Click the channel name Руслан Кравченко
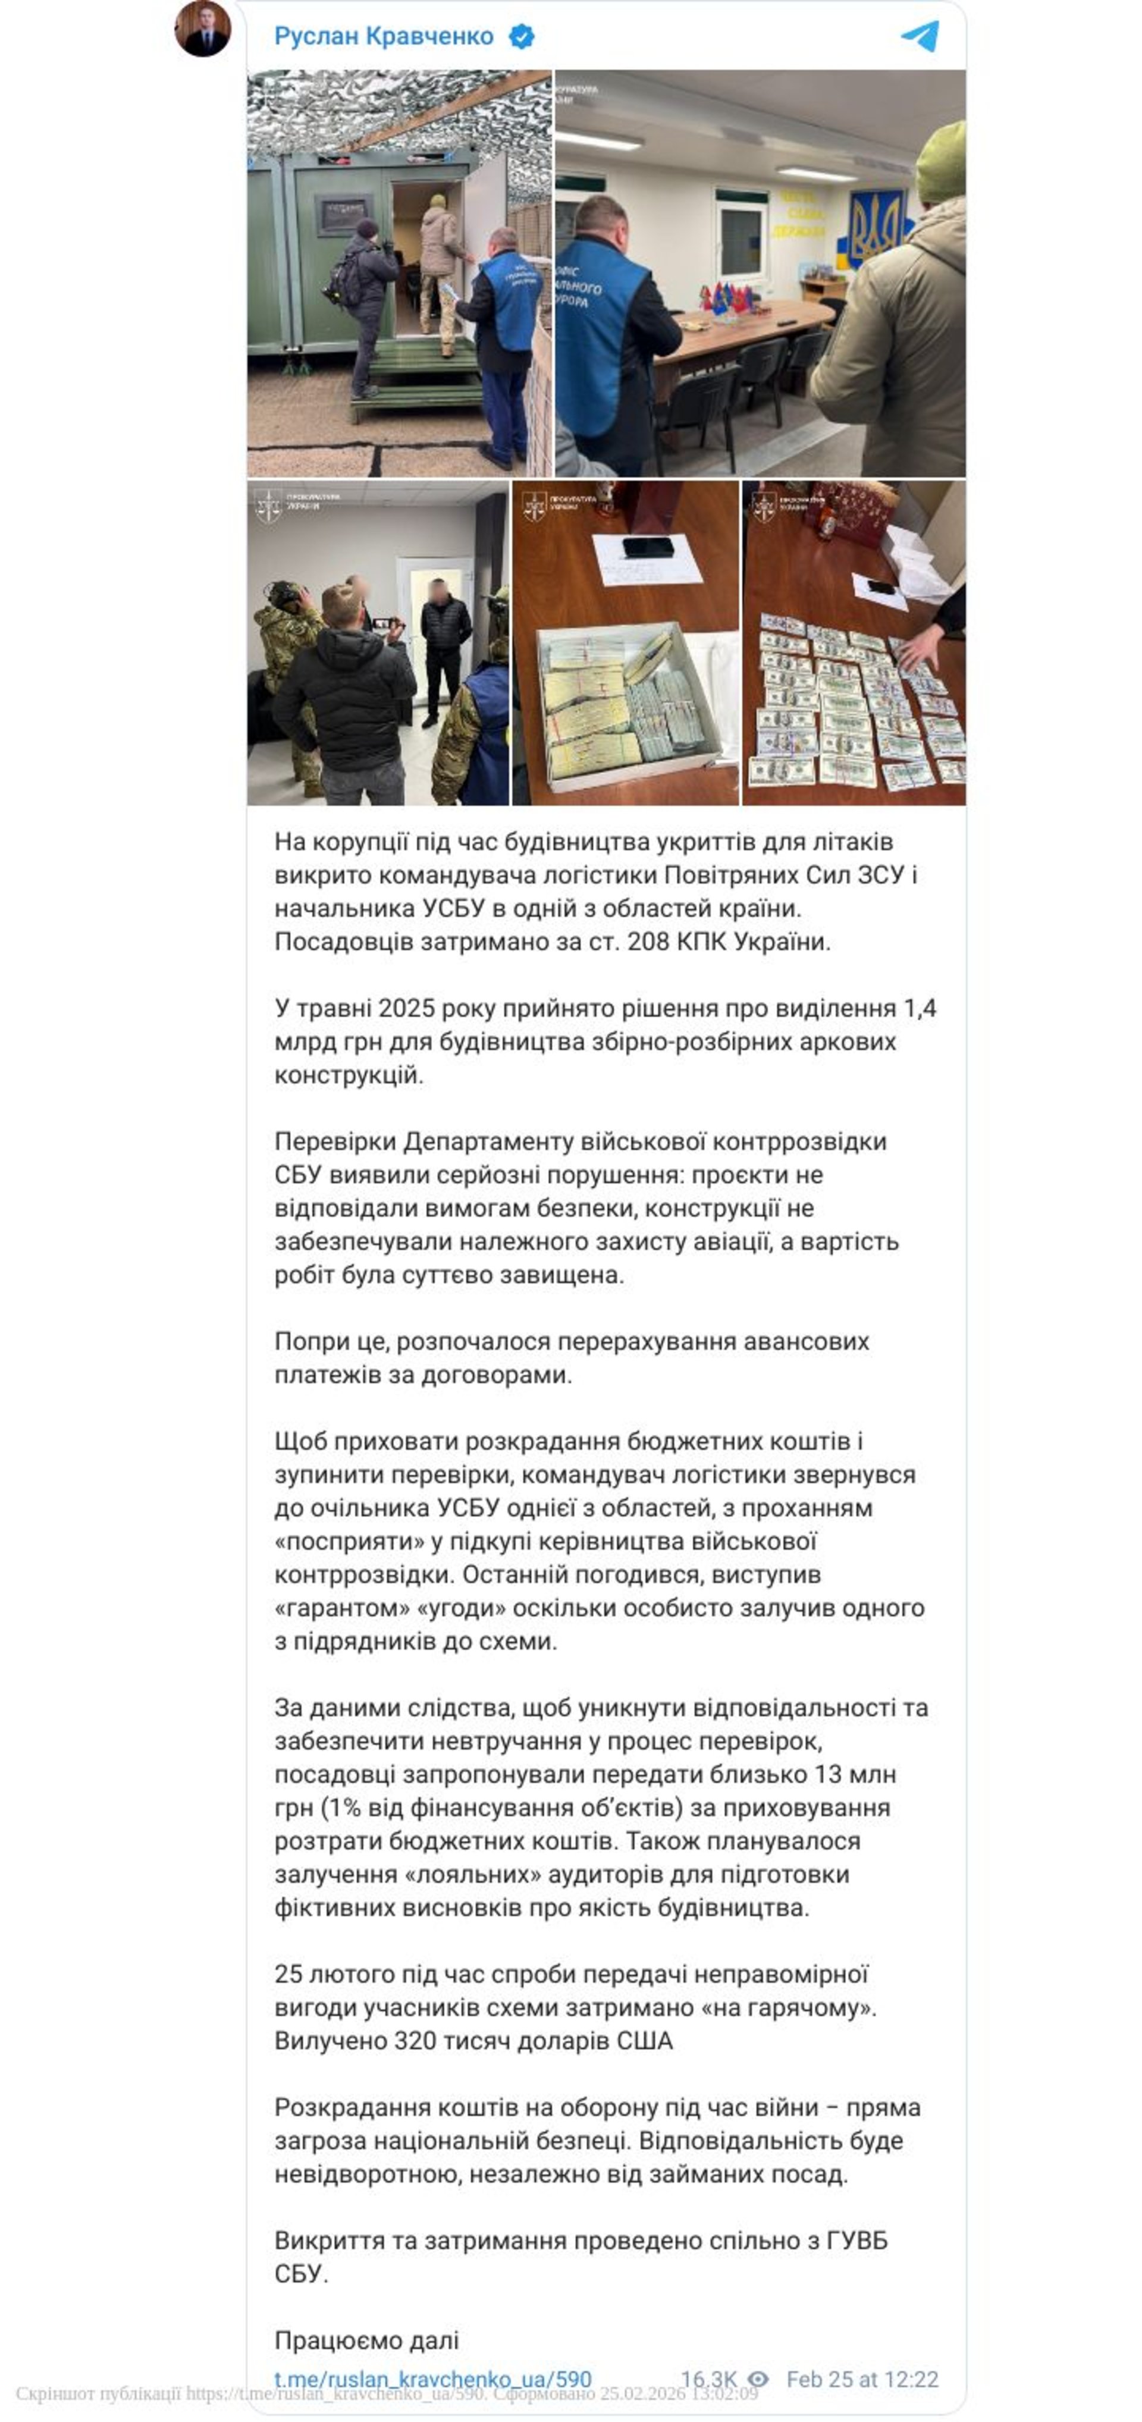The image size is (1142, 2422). pos(384,37)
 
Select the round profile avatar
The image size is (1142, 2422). pos(203,27)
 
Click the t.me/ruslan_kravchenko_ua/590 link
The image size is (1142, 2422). pos(432,2379)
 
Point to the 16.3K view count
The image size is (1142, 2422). pos(708,2379)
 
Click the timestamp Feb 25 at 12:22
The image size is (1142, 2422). pos(862,2379)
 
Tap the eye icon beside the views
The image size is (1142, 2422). pos(758,2379)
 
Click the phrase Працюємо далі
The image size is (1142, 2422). pos(366,2339)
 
